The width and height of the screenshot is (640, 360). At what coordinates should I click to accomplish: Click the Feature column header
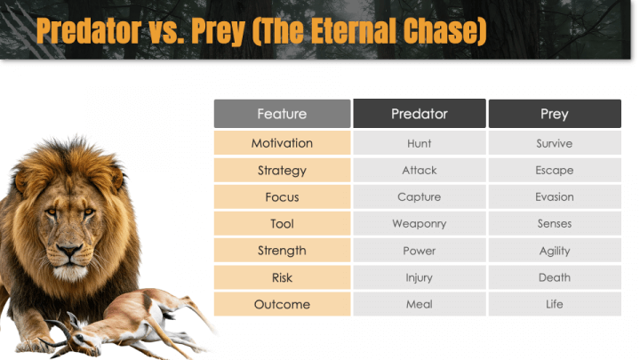pyautogui.click(x=282, y=114)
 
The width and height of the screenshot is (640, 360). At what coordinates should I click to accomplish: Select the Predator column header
pyautogui.click(x=419, y=114)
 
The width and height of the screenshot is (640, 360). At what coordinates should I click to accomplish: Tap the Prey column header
pyautogui.click(x=554, y=114)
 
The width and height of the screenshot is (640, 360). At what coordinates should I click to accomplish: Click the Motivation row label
pyautogui.click(x=282, y=143)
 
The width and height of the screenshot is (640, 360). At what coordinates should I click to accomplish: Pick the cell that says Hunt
pyautogui.click(x=419, y=143)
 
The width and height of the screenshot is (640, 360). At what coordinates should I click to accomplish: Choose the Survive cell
pyautogui.click(x=554, y=143)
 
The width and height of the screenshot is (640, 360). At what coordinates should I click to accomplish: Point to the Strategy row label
pyautogui.click(x=282, y=170)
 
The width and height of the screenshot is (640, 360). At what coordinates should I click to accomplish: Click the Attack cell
pyautogui.click(x=419, y=170)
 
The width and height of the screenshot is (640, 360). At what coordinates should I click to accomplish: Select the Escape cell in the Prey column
pyautogui.click(x=554, y=170)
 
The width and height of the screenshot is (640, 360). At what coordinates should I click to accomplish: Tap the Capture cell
pyautogui.click(x=419, y=196)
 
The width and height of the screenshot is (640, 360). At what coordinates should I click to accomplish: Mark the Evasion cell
pyautogui.click(x=554, y=196)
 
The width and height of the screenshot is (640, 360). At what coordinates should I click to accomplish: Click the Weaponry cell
pyautogui.click(x=419, y=224)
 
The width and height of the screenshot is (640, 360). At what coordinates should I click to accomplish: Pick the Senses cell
pyautogui.click(x=554, y=224)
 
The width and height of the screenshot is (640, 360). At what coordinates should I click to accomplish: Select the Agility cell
pyautogui.click(x=554, y=251)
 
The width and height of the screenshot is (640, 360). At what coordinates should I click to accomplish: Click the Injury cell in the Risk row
pyautogui.click(x=419, y=277)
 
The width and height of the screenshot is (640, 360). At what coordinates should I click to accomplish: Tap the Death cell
pyautogui.click(x=554, y=277)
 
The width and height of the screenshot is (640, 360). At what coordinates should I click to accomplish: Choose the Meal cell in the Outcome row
pyautogui.click(x=419, y=304)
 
